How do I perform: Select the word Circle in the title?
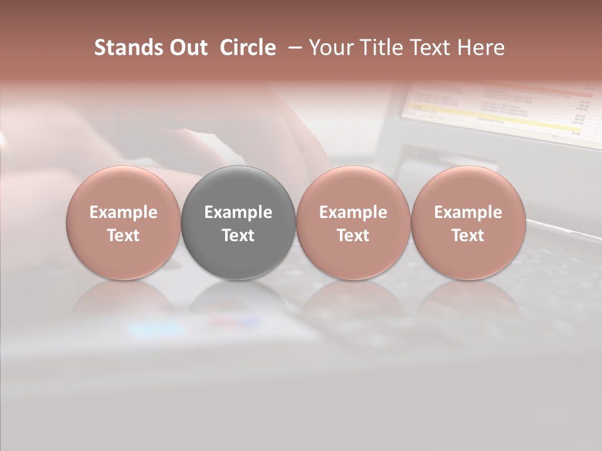click(x=248, y=48)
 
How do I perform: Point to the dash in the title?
click(x=292, y=48)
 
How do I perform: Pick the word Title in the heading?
click(x=380, y=48)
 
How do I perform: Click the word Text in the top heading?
click(x=432, y=48)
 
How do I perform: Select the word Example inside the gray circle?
click(x=238, y=212)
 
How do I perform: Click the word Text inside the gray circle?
click(x=238, y=236)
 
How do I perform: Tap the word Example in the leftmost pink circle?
click(x=124, y=212)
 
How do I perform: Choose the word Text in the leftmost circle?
click(x=124, y=236)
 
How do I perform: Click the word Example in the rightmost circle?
click(x=468, y=212)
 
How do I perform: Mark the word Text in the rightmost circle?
click(x=468, y=236)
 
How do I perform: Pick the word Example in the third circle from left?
click(x=353, y=212)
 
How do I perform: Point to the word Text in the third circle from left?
click(x=353, y=236)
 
